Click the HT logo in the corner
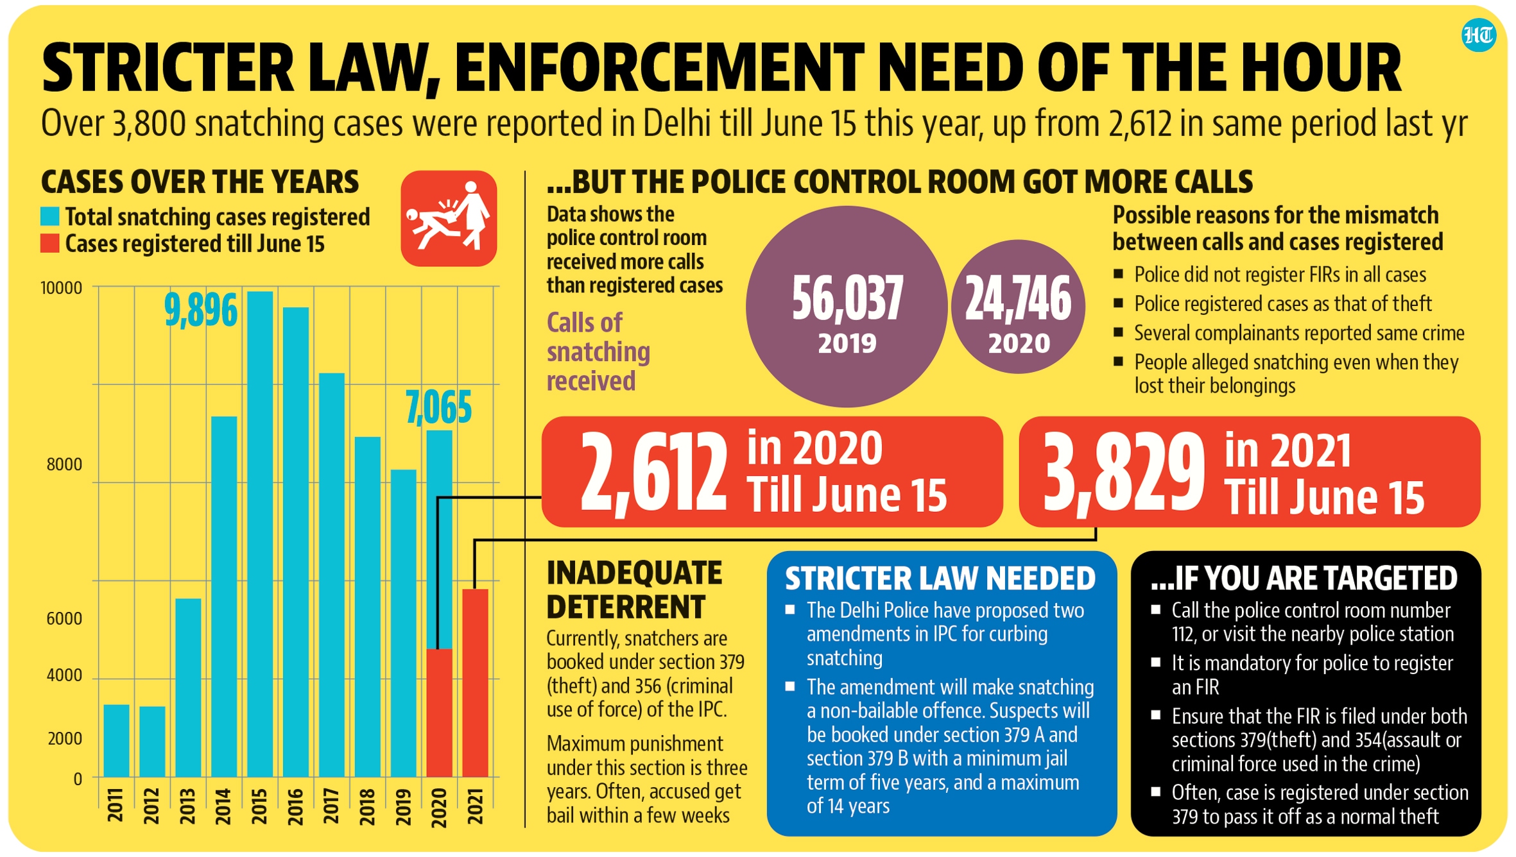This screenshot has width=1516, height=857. (1478, 35)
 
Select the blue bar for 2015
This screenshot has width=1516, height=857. (260, 532)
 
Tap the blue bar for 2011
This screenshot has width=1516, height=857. (116, 741)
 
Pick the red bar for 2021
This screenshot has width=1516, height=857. (475, 683)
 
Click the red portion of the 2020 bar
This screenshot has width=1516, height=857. (440, 712)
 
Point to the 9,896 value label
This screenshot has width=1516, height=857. (201, 310)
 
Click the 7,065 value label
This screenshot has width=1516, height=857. (439, 407)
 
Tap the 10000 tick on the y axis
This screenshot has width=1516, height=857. (62, 288)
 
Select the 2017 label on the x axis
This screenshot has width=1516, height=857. (331, 806)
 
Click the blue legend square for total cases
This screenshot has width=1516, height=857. (50, 216)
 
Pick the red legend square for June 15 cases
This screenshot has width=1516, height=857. (50, 244)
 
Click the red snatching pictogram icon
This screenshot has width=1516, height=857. (449, 219)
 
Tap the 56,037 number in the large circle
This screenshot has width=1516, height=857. (847, 298)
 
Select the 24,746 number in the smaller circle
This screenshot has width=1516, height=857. (1018, 299)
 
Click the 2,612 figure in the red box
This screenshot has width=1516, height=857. (653, 473)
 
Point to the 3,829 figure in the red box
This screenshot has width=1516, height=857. (1123, 473)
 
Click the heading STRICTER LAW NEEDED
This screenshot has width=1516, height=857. (940, 579)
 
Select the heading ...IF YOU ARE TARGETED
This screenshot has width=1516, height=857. (1304, 579)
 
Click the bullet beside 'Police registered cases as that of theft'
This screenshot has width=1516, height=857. (1119, 303)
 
